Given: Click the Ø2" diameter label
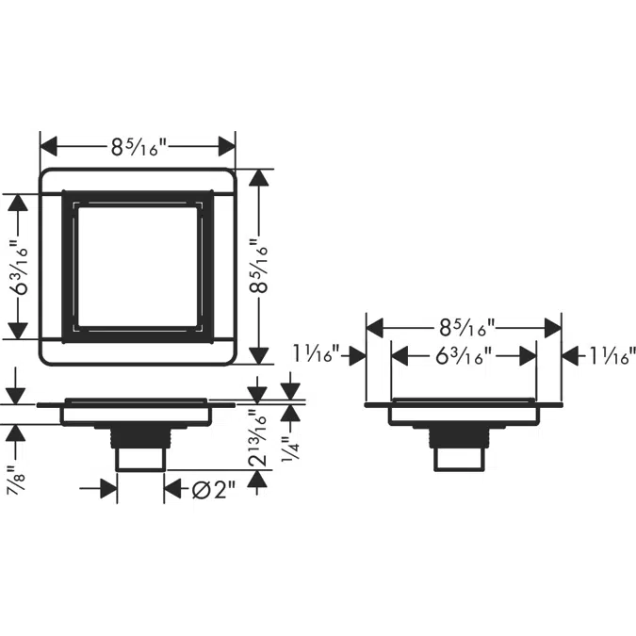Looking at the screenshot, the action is (x=213, y=490).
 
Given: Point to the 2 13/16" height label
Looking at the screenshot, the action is (x=259, y=438).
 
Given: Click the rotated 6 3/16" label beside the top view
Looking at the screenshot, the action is (x=19, y=268).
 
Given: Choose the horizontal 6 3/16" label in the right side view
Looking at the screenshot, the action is (x=464, y=356).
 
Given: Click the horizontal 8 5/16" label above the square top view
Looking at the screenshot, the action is (x=139, y=147).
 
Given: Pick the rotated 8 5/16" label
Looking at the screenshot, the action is (x=259, y=267).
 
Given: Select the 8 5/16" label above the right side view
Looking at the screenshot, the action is (x=466, y=327).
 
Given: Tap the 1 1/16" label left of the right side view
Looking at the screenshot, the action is (x=316, y=354).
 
